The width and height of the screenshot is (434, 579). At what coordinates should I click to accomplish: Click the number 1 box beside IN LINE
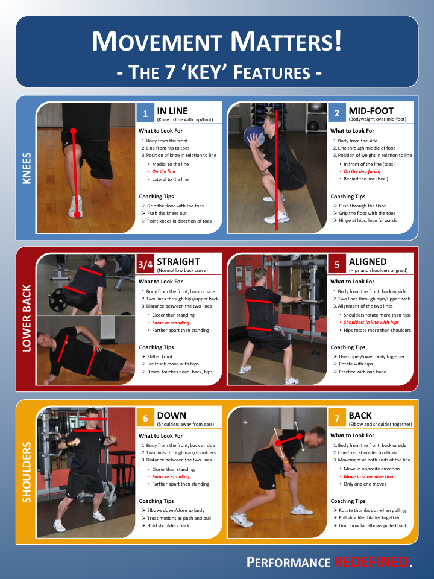(145, 113)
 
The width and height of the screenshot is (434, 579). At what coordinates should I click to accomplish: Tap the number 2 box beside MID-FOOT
(336, 113)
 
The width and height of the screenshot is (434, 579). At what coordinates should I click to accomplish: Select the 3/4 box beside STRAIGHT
(145, 264)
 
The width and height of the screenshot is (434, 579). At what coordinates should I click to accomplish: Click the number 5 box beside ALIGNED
(336, 264)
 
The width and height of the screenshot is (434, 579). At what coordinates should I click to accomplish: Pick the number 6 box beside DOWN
(145, 417)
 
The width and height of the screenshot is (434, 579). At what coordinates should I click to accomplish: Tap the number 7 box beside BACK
(336, 417)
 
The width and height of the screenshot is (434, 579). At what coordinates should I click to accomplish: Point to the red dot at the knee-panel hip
(73, 131)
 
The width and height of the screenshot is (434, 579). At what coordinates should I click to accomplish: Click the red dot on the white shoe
(77, 215)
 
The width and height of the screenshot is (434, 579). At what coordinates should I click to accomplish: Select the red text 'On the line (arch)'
(362, 171)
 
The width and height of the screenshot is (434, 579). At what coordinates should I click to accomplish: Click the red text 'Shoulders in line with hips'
(371, 322)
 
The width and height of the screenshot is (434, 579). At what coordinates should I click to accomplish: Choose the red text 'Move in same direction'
(368, 476)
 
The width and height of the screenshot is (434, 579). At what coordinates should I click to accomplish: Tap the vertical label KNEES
(27, 168)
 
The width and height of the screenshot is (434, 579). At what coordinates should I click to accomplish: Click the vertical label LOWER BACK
(27, 318)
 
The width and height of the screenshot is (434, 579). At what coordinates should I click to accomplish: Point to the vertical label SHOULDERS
(27, 472)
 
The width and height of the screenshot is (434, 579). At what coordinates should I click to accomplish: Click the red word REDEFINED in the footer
(371, 562)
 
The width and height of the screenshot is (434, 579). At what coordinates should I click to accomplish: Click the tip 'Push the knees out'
(166, 213)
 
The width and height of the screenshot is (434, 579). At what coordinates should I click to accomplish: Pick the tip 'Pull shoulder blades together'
(369, 517)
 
